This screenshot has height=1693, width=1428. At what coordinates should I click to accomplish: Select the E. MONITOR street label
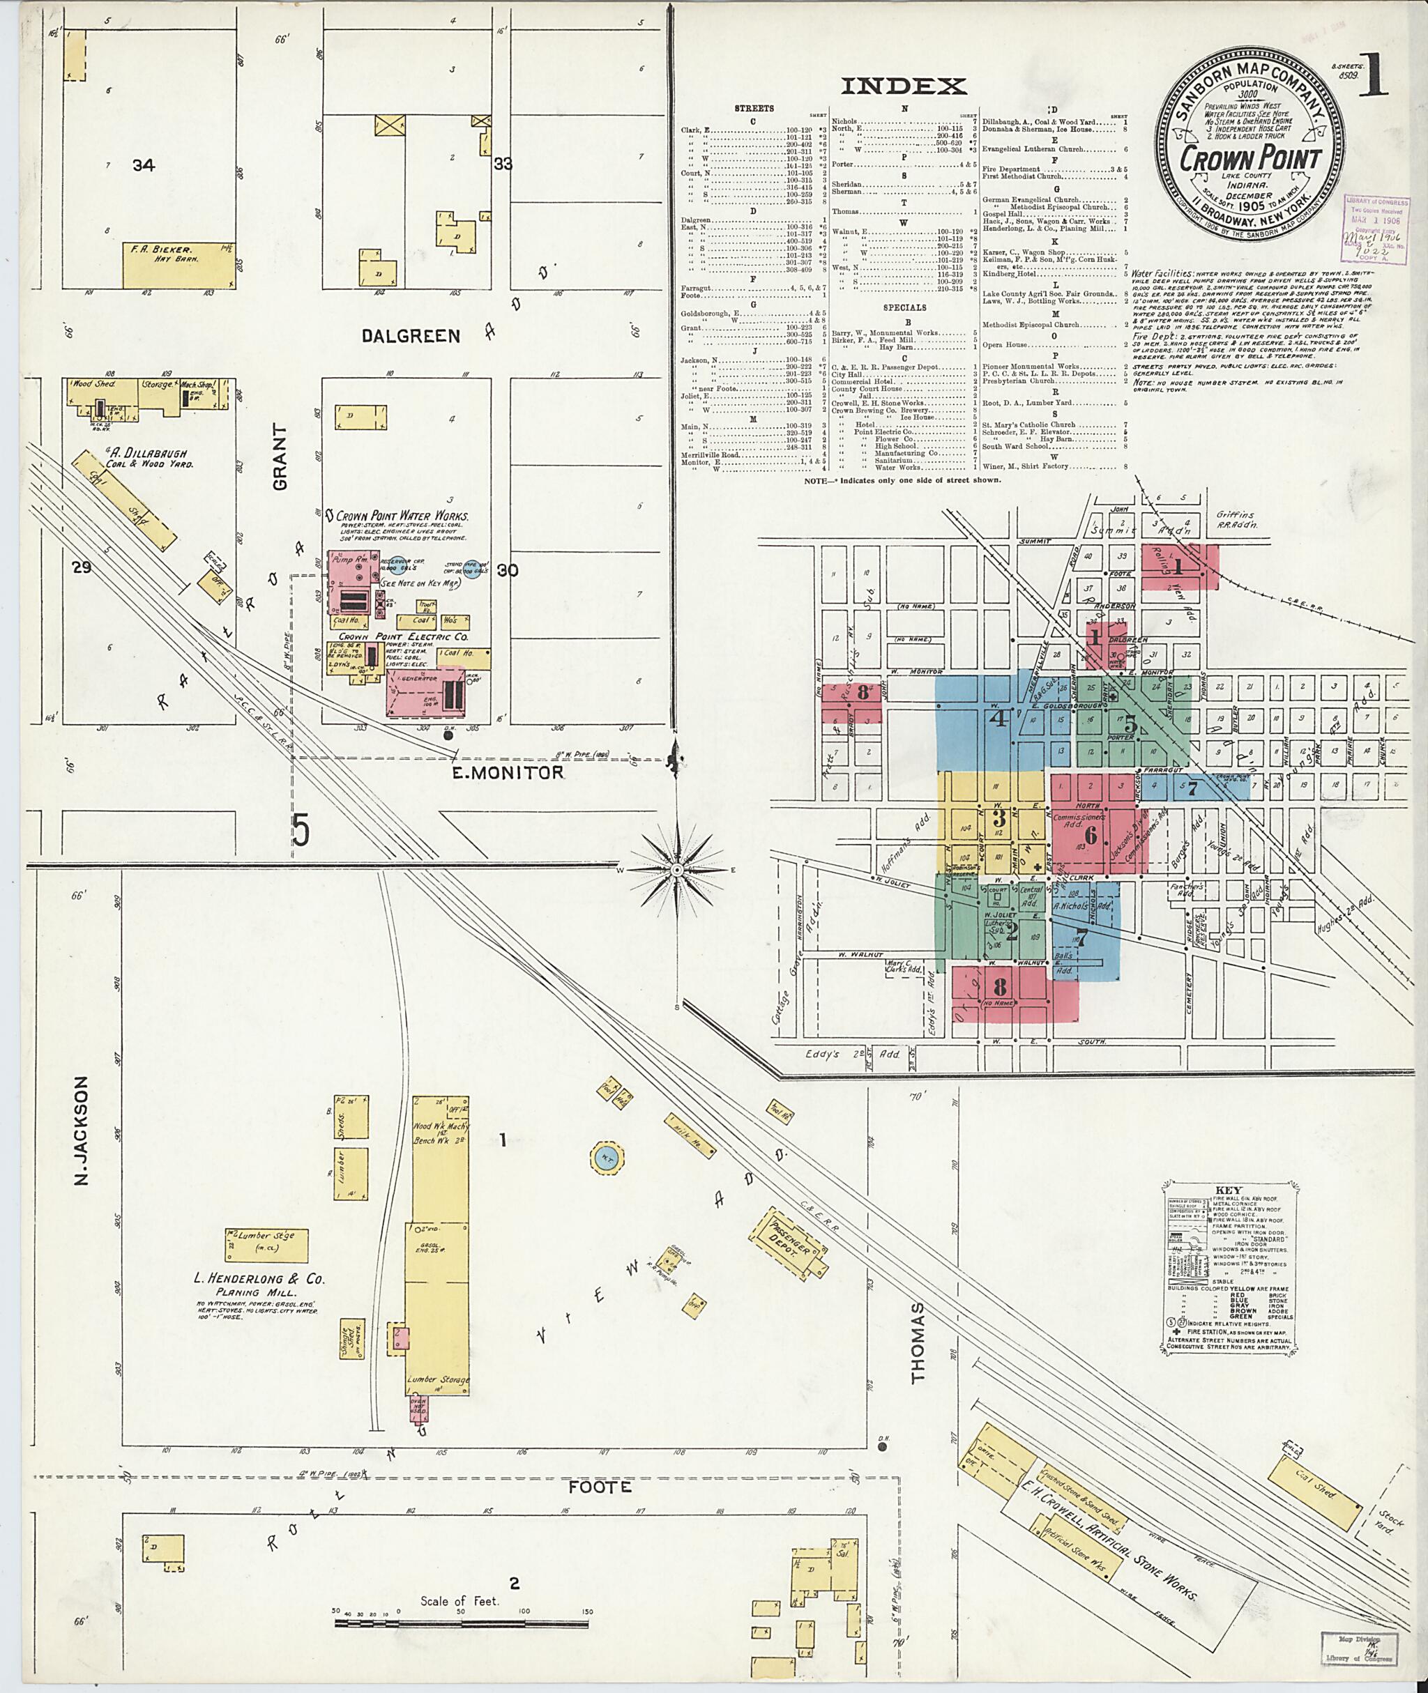(507, 772)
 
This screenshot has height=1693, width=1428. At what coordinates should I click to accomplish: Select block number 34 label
(144, 166)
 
